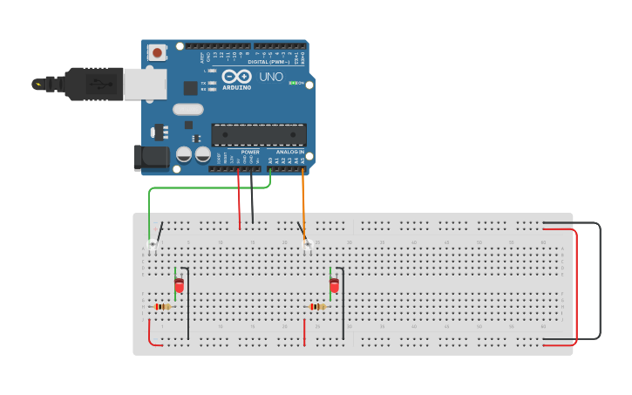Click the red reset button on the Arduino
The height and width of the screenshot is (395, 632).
pyautogui.click(x=157, y=53)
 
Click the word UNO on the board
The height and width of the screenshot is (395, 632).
pyautogui.click(x=272, y=78)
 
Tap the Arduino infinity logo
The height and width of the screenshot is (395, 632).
pyautogui.click(x=236, y=76)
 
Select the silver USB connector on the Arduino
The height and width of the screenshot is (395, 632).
pyautogui.click(x=144, y=85)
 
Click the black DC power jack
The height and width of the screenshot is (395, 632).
pyautogui.click(x=149, y=158)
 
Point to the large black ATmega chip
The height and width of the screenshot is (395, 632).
pyautogui.click(x=259, y=135)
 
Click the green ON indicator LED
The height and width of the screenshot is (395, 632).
pyautogui.click(x=292, y=84)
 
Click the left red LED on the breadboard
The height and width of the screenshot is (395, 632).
pyautogui.click(x=180, y=285)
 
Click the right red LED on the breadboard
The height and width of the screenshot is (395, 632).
pyautogui.click(x=334, y=285)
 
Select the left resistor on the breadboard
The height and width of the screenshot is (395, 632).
pyautogui.click(x=162, y=306)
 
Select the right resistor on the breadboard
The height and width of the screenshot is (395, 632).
pyautogui.click(x=317, y=306)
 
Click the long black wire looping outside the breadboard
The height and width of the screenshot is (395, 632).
pyautogui.click(x=600, y=279)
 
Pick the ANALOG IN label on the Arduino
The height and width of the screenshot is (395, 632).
pyautogui.click(x=289, y=153)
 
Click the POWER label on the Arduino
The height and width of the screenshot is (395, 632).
pyautogui.click(x=250, y=153)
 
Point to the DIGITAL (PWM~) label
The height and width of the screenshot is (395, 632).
pyautogui.click(x=270, y=62)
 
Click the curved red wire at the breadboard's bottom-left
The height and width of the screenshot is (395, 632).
pyautogui.click(x=151, y=337)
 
